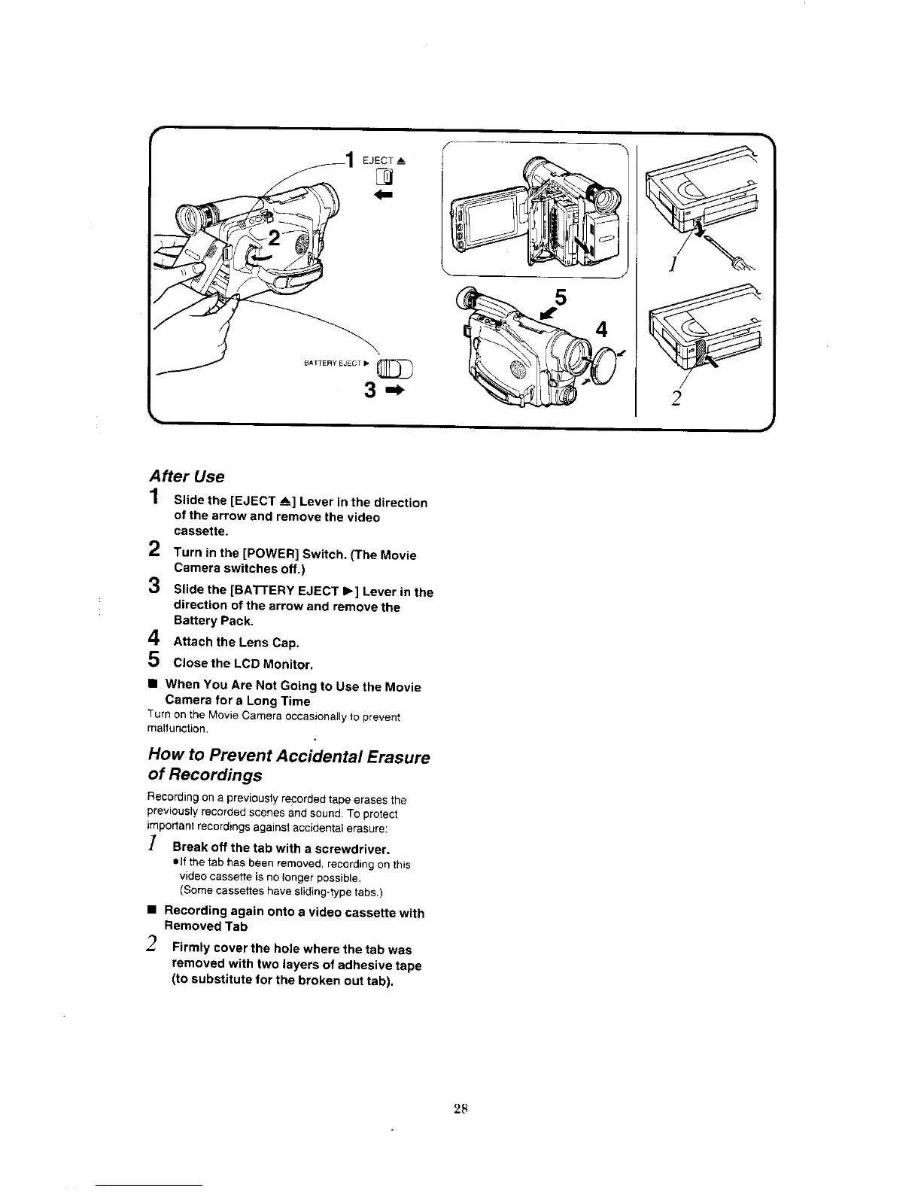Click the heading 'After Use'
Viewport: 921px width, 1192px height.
coord(187,476)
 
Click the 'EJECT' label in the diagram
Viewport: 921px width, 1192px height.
coord(379,160)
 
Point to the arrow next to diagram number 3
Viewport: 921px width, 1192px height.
coord(394,391)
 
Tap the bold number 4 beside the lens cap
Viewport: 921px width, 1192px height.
coord(601,330)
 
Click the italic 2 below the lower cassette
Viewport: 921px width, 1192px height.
coord(676,399)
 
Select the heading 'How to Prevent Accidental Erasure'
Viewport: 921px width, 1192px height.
coord(289,756)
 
